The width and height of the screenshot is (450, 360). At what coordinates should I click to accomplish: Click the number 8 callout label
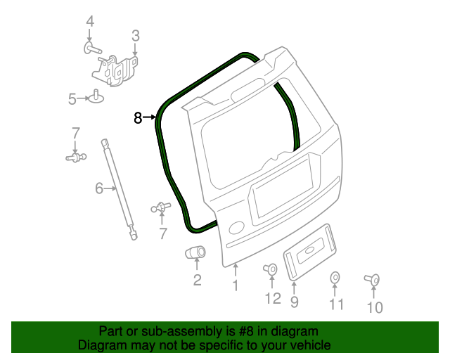tap(138, 118)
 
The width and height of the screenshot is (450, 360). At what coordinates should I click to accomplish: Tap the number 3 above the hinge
tap(135, 35)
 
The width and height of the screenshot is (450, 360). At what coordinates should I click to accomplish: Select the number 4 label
tap(89, 22)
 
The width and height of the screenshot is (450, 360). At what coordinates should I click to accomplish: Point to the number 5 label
tap(72, 99)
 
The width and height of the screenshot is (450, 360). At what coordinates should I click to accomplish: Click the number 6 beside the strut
tap(99, 188)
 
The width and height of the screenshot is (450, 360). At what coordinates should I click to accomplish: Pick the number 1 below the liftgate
tap(235, 285)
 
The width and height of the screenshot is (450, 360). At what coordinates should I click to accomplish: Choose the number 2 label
tap(197, 281)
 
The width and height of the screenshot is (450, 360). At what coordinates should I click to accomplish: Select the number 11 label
tap(337, 304)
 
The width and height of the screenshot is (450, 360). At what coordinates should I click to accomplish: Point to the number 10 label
tap(375, 307)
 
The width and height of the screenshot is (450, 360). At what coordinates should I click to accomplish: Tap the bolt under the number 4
tap(92, 49)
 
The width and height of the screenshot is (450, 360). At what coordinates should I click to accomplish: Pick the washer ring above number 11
tap(335, 278)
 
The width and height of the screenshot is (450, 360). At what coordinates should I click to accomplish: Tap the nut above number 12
tap(270, 269)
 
